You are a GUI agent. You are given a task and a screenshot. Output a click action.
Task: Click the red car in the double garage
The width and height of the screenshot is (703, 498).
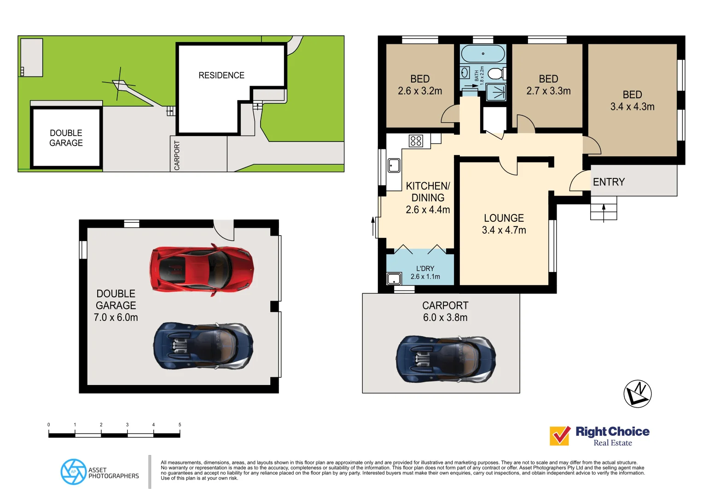[201, 269]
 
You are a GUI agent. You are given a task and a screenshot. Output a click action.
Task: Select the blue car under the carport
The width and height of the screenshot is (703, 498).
[446, 359]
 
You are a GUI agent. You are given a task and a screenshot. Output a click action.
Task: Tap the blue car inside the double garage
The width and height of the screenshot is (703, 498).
[203, 346]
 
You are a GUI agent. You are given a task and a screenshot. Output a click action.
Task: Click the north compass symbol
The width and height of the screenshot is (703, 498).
[637, 394]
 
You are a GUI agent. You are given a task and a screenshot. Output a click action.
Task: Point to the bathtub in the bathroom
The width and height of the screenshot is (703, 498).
[482, 54]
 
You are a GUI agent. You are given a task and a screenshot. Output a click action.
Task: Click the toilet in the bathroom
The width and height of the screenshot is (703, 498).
[496, 74]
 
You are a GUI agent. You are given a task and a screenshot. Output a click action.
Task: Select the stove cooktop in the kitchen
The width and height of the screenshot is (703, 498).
[416, 141]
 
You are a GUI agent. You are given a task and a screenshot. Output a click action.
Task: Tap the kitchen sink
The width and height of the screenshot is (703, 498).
[394, 165]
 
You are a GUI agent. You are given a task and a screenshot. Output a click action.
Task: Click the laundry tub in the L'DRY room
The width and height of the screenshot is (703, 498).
[394, 279]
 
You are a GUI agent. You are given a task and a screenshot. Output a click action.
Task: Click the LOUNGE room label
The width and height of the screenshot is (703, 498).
[504, 218]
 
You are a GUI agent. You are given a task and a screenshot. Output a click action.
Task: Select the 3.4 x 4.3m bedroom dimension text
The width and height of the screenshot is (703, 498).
[632, 107]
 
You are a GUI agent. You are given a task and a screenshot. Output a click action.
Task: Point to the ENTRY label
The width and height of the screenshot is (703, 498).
[609, 182]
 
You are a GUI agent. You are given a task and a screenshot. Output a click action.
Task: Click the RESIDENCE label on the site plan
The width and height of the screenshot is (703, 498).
[221, 75]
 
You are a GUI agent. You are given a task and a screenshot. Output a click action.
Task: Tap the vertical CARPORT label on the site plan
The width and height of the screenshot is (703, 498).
[177, 155]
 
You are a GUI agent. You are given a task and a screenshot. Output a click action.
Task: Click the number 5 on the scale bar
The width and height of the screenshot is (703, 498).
[180, 425]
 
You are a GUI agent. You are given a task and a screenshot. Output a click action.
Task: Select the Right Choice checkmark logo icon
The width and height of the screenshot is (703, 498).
[560, 436]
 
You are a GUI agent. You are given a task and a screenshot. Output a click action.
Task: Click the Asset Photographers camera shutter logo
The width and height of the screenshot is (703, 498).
[73, 472]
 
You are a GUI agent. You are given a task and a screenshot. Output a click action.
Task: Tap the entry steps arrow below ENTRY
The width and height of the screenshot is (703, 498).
[604, 212]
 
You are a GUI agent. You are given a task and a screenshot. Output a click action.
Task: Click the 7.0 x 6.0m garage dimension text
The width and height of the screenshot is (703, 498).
[116, 318]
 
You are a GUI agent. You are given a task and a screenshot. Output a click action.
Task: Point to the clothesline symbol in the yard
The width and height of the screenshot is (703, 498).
[119, 84]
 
